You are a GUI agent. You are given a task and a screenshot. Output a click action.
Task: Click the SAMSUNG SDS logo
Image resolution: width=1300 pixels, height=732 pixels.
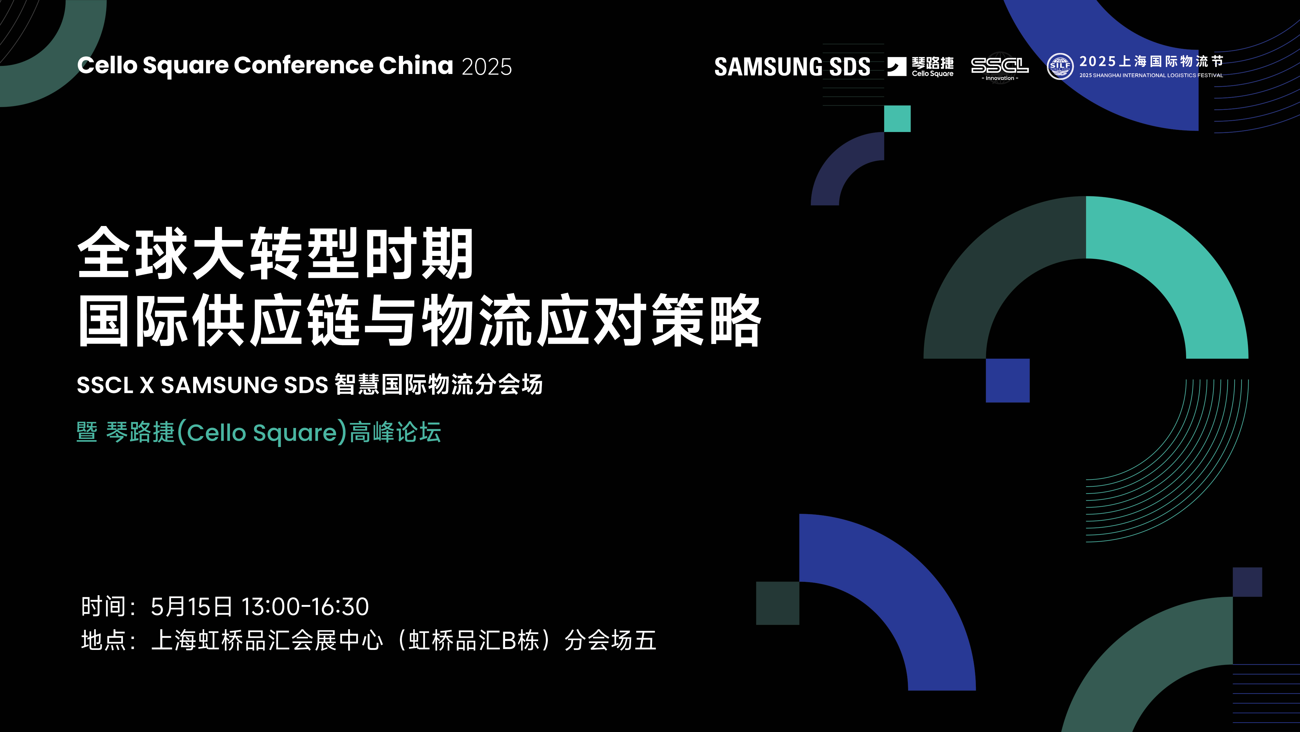(x=792, y=66)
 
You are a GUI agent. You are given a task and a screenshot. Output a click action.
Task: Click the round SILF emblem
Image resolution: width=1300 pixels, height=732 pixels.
(x=1060, y=66)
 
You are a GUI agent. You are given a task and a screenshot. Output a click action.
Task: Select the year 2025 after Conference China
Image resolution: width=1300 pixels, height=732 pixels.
(x=486, y=66)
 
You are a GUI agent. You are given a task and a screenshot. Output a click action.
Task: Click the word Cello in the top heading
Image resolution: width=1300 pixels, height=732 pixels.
(x=107, y=66)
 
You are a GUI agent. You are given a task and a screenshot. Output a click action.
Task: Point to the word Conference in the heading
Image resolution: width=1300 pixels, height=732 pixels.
(x=303, y=66)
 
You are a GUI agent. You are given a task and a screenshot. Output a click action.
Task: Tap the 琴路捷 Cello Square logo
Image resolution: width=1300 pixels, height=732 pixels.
(x=921, y=66)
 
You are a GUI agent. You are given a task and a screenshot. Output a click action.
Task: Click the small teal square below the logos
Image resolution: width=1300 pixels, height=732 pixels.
(x=897, y=119)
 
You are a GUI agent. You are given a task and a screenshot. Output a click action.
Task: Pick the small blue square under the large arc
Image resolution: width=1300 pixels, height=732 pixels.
(x=1007, y=380)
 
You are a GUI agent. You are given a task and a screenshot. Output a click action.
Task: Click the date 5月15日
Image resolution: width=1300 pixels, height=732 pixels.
(x=191, y=606)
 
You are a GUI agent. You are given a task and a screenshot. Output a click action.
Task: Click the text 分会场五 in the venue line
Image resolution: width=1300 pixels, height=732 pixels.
(x=610, y=641)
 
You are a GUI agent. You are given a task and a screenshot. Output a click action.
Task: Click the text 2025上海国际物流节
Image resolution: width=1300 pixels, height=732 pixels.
(x=1151, y=61)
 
